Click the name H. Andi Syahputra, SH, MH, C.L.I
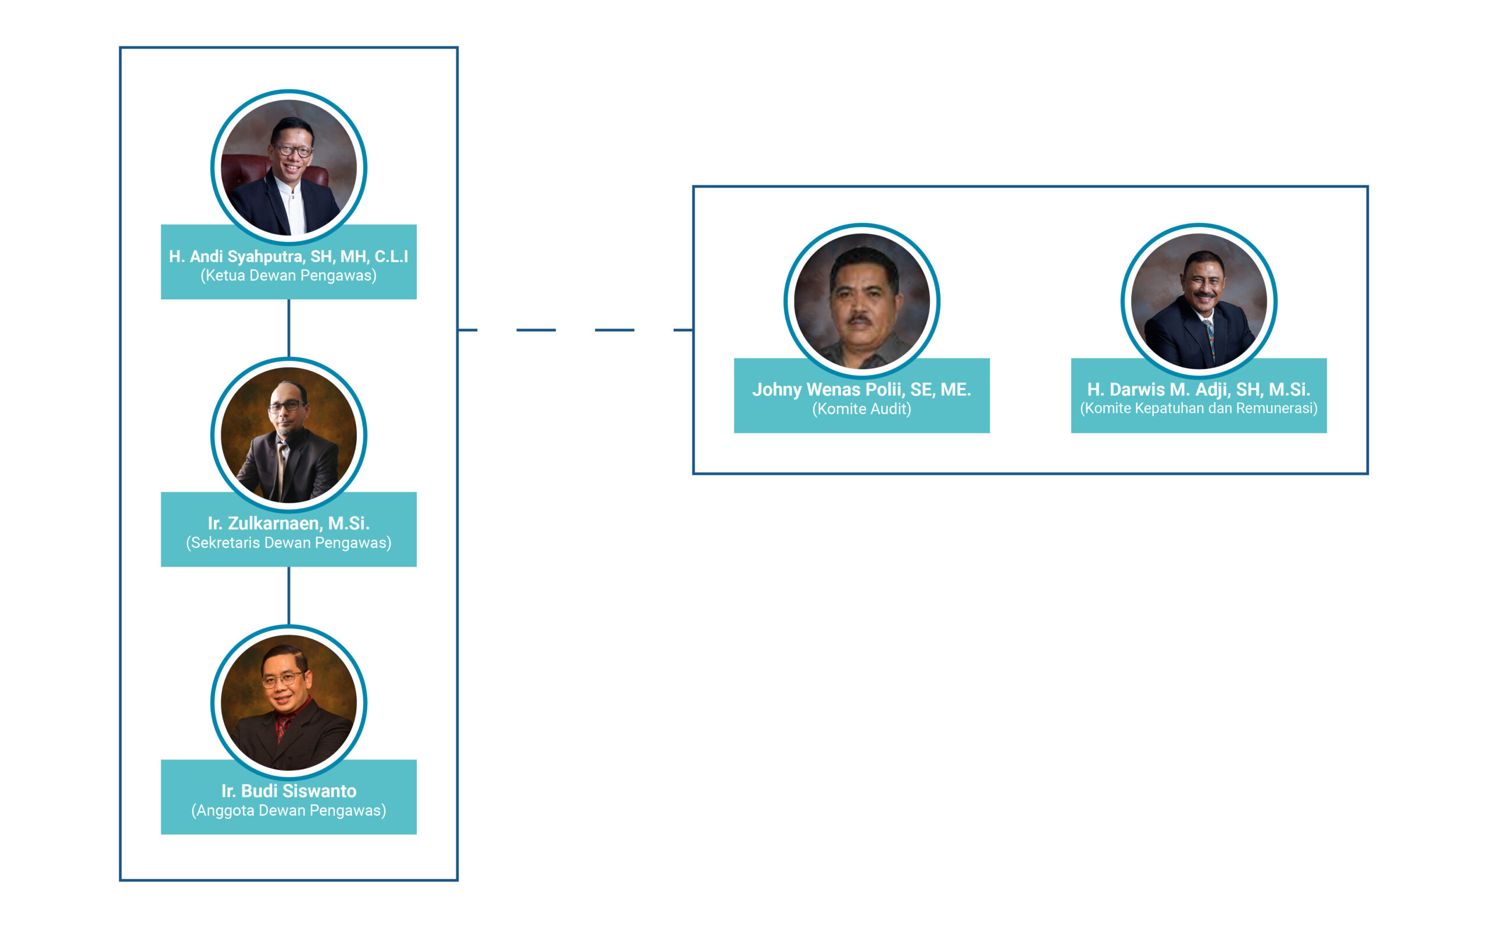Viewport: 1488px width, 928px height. [288, 256]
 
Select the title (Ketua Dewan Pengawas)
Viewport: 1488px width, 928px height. [288, 275]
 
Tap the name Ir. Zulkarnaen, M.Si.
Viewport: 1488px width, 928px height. [288, 523]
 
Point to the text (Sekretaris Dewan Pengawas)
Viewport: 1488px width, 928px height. [288, 543]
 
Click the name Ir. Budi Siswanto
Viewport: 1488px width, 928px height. [288, 790]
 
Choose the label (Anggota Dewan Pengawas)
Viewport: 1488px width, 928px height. [288, 810]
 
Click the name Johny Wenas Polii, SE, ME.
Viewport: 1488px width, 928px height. [861, 389]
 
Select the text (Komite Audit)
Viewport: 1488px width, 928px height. [861, 409]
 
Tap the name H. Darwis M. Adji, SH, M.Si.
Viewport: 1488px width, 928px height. [1199, 389]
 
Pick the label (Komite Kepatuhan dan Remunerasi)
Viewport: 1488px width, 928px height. [1199, 408]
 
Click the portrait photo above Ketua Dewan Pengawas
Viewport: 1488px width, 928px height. [288, 167]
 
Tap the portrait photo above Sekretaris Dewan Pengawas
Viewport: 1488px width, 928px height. [288, 435]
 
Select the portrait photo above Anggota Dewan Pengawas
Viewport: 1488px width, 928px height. [288, 702]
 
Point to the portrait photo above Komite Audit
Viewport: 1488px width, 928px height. [861, 301]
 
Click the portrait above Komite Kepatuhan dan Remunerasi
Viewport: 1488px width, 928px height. [1199, 301]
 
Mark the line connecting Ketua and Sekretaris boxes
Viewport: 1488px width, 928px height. [288, 328]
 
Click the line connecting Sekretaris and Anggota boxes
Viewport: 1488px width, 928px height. [288, 596]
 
